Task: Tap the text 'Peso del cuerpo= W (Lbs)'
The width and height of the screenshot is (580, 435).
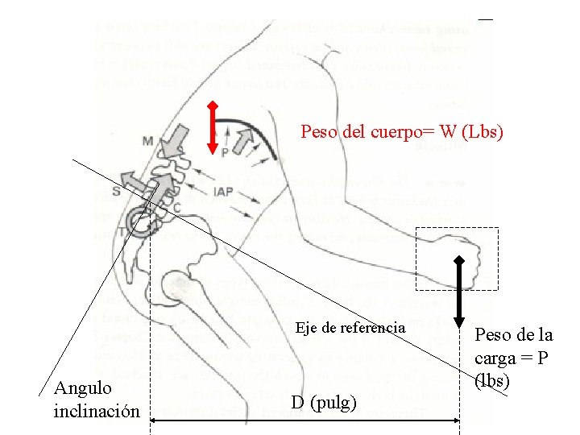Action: (402, 131)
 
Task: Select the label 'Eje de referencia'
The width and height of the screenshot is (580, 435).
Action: (350, 328)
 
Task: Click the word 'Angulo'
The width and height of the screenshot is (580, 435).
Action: (82, 388)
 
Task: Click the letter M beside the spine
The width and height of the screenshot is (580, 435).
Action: (148, 142)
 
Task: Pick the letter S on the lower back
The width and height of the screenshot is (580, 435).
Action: (117, 191)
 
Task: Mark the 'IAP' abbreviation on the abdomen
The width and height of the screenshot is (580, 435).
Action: (225, 192)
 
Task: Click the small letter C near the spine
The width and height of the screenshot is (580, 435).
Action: (176, 208)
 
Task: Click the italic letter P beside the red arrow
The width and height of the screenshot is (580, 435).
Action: (225, 151)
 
